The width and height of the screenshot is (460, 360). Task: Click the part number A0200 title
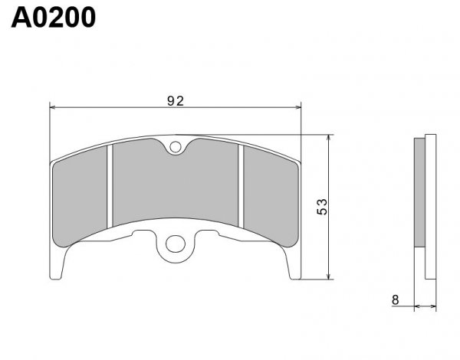(54, 18)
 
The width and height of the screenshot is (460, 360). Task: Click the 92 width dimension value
(176, 101)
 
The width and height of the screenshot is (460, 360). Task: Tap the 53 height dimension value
(322, 207)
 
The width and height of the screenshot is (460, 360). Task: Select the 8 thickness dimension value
(395, 300)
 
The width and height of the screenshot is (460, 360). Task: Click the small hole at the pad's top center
(176, 147)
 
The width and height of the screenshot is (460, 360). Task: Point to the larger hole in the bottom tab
(176, 244)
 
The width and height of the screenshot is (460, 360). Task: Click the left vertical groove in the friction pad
(110, 186)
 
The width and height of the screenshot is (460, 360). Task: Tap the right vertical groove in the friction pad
(241, 186)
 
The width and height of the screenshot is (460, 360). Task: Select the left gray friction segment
(80, 196)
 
